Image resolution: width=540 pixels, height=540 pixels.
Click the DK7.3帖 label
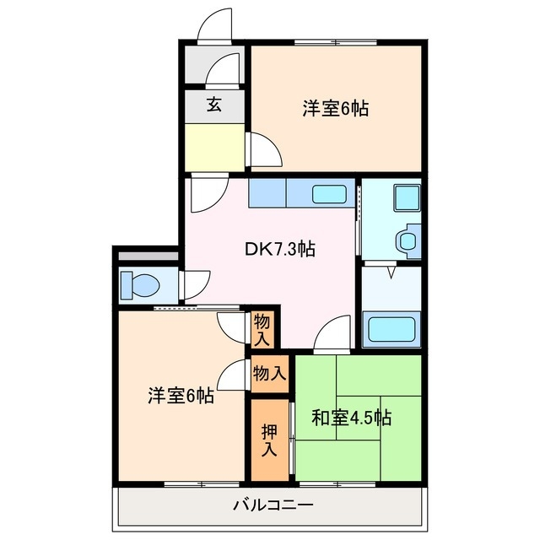tap(280, 249)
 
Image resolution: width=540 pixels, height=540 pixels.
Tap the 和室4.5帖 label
tap(351, 418)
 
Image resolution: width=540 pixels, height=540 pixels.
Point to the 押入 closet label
tap(267, 440)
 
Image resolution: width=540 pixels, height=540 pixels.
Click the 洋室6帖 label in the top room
tap(336, 108)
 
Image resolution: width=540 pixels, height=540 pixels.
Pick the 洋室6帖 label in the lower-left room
tap(181, 396)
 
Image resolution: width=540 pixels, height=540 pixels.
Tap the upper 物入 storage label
tap(262, 330)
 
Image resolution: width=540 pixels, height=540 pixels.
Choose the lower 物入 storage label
tap(268, 372)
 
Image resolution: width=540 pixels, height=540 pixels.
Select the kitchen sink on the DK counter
tap(332, 194)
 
